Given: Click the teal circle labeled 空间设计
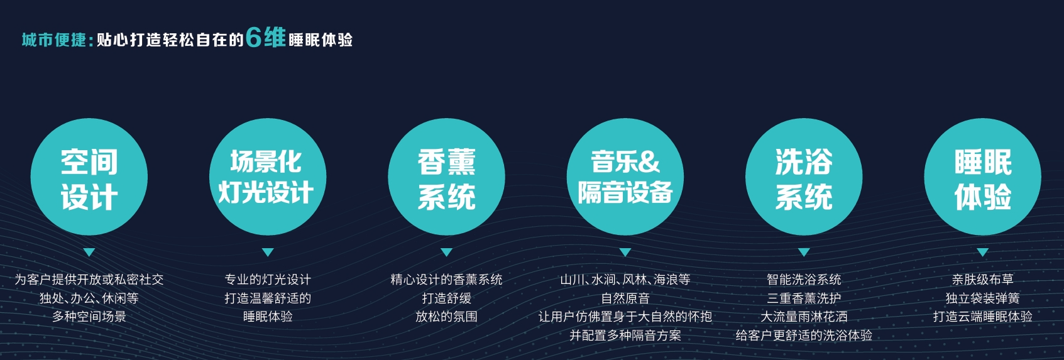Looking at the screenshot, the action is coord(89,177).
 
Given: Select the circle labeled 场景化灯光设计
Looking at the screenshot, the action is coord(268,177).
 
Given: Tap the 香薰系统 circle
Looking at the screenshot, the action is coord(446,177).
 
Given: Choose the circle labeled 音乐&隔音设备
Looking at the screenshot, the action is coord(625,177).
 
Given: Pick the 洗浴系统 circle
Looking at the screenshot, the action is coord(804,177).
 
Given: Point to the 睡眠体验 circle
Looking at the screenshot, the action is coord(983,177).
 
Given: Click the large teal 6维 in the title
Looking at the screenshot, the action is coord(266,38).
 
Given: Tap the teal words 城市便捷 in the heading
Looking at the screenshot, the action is coord(53,40).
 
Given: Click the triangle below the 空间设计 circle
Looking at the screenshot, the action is coord(89,252).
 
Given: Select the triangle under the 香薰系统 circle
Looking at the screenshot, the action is coord(446,252).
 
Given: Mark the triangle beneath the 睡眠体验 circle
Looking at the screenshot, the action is coord(983,252).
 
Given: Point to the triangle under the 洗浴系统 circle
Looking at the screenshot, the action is coord(804,252).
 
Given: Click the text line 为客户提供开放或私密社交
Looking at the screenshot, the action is coord(89,279).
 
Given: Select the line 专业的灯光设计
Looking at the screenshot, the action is coord(268,279).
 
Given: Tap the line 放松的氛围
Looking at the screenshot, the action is coord(446,316).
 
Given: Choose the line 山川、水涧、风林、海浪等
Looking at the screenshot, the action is coord(625,279).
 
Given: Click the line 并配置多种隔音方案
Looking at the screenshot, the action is coord(625,335).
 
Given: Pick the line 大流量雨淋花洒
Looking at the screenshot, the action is coord(804,316).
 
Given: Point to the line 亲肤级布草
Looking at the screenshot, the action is coord(983,279).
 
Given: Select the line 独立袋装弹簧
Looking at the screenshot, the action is coord(983,298).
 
